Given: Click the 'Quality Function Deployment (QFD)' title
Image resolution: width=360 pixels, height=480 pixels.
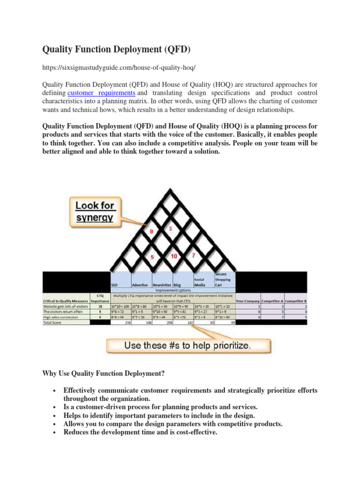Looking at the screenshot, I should point(117,49).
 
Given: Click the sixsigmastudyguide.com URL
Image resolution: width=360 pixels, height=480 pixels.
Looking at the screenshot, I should point(119,68).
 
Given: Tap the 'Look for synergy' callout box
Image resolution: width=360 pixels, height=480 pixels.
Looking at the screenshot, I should point(95,211).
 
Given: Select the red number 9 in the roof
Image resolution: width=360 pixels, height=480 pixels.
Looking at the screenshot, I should point(151,232).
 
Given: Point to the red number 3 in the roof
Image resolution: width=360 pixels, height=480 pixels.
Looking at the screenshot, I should point(170,228).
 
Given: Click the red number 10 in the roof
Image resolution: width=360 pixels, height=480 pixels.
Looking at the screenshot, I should point(174,256).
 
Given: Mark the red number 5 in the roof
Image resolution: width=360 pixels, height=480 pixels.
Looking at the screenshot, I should point(151,257).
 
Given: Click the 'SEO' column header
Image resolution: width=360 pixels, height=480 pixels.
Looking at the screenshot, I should point(115,285).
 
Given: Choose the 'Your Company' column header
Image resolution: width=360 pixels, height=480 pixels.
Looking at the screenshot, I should point(248,300).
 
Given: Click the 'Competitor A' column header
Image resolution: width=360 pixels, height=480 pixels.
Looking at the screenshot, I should point(274,300).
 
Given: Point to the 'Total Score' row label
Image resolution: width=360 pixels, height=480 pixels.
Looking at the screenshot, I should point(53,323).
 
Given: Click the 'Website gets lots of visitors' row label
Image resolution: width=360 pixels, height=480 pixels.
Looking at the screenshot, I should point(65,306).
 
